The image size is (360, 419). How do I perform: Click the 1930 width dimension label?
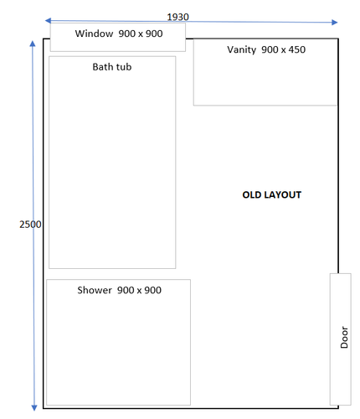pos(177,17)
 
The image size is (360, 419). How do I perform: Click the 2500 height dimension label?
pos(30,225)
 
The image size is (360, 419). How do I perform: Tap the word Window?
pos(94,34)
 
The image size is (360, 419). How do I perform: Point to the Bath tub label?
pos(111,66)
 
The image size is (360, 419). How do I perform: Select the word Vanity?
pos(241,50)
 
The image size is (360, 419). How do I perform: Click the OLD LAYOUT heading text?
pos(271,194)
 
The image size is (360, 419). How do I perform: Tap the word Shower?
pos(95,290)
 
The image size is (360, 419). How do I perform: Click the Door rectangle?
pos(340,339)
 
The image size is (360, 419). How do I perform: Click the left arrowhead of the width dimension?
pos(49,20)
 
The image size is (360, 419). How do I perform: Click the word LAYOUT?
pos(282,194)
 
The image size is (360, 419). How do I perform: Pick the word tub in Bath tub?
pos(123,66)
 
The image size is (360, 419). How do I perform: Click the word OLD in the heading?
pos(252,194)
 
